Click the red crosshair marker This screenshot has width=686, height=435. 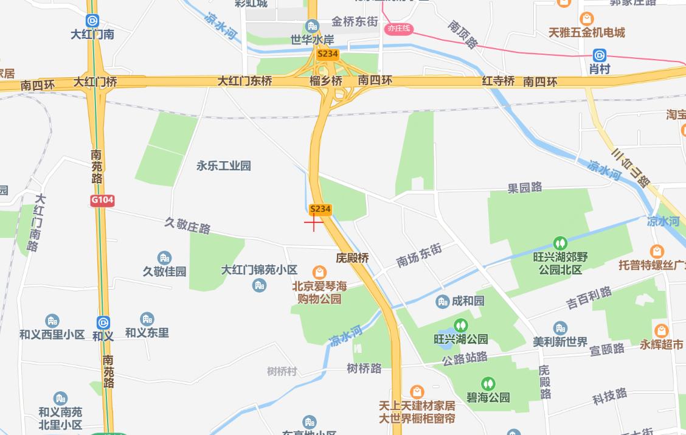[x=314, y=223]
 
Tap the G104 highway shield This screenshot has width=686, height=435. [x=102, y=200]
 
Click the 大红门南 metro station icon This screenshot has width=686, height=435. [x=92, y=21]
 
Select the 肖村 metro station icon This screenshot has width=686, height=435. [x=600, y=55]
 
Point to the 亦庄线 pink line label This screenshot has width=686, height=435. [x=399, y=29]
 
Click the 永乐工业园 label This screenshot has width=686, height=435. [x=223, y=165]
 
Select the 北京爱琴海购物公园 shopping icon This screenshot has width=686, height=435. [x=319, y=272]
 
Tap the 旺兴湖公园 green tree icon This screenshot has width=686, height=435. [x=461, y=325]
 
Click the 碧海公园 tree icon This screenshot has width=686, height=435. [x=488, y=384]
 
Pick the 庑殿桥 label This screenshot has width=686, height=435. [x=353, y=258]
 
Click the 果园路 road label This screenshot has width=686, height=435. [x=525, y=188]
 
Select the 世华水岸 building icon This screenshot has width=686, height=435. [x=313, y=26]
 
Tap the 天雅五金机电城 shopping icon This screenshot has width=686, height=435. [x=586, y=19]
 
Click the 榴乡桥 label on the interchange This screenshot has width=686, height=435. [x=326, y=80]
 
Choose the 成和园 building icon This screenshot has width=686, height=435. [x=443, y=301]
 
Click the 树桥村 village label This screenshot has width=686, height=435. [x=282, y=371]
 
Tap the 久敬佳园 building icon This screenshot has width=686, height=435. [x=164, y=258]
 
